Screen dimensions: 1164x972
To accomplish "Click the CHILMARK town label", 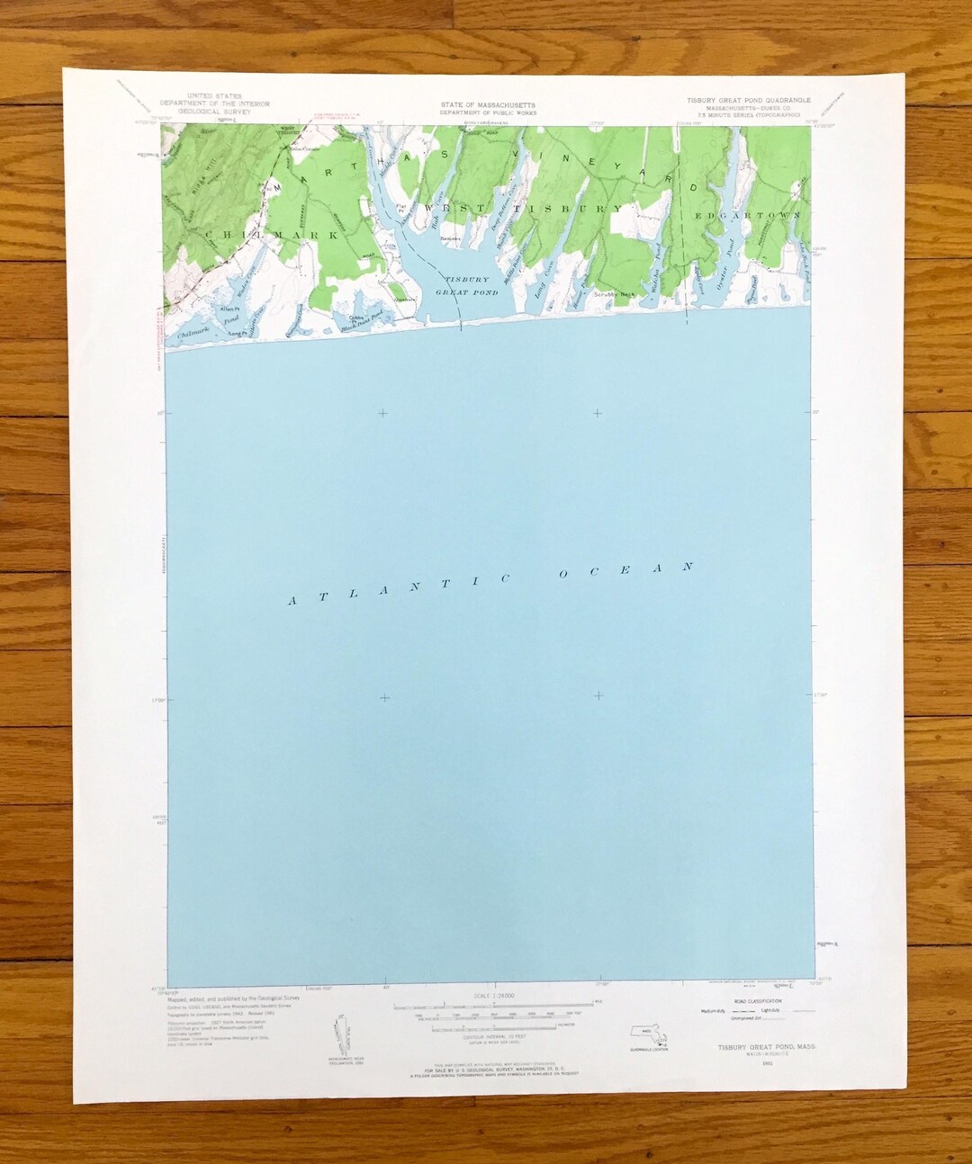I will click(269, 235).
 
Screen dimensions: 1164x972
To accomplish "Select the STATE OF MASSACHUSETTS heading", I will click(488, 104).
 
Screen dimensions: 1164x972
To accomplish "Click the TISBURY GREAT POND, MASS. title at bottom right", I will click(755, 1046).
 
